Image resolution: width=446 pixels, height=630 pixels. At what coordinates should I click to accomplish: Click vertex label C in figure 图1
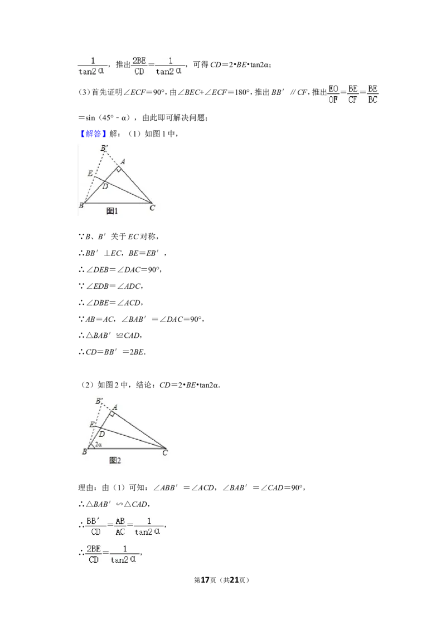pyautogui.click(x=152, y=208)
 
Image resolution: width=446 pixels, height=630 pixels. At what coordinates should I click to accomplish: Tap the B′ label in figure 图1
pyautogui.click(x=104, y=148)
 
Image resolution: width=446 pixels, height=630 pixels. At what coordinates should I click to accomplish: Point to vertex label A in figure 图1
pyautogui.click(x=123, y=161)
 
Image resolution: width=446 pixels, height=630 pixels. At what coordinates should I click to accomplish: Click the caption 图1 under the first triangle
pyautogui.click(x=113, y=211)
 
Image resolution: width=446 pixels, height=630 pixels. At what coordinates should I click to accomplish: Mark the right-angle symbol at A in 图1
pyautogui.click(x=118, y=169)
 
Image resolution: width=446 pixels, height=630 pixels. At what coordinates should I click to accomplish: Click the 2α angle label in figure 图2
pyautogui.click(x=98, y=444)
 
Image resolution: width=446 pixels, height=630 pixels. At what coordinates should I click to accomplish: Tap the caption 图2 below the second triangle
pyautogui.click(x=115, y=460)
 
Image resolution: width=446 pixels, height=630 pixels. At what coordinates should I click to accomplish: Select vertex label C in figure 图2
pyautogui.click(x=165, y=453)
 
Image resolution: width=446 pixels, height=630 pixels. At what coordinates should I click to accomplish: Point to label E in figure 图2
pyautogui.click(x=91, y=425)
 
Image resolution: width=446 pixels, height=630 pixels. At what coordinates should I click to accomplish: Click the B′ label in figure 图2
pyautogui.click(x=99, y=401)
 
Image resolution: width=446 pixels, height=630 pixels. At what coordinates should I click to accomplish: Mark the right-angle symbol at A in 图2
pyautogui.click(x=112, y=414)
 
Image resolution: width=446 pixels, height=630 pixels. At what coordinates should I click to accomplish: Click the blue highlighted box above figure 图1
pyautogui.click(x=93, y=134)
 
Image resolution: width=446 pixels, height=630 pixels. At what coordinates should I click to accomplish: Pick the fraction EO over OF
pyautogui.click(x=333, y=94)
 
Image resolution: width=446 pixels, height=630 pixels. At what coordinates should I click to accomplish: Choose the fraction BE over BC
pyautogui.click(x=372, y=94)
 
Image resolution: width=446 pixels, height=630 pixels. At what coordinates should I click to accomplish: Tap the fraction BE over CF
pyautogui.click(x=353, y=94)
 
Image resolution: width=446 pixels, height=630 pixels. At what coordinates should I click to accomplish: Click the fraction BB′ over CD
pyautogui.click(x=93, y=526)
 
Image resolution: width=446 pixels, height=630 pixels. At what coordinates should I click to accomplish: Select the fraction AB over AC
pyautogui.click(x=120, y=526)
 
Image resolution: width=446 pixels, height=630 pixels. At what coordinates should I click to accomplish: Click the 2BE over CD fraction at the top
pyautogui.click(x=139, y=65)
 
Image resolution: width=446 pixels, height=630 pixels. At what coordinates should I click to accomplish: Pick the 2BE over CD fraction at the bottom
pyautogui.click(x=93, y=554)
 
